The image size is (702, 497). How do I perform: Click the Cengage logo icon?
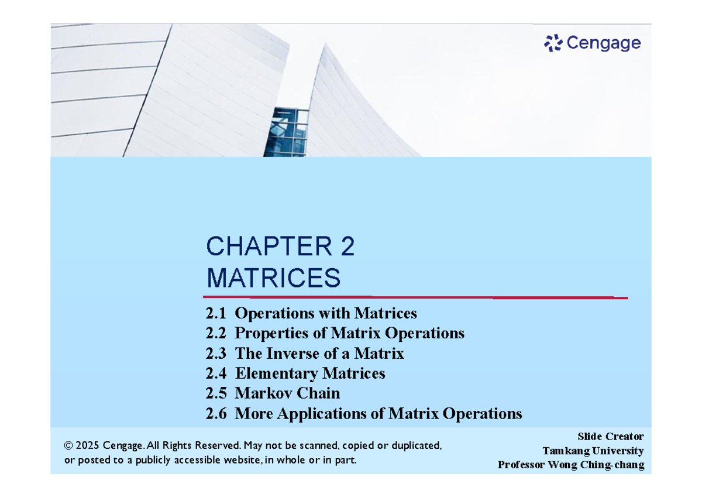tap(553, 43)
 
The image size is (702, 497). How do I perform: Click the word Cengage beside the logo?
tap(603, 43)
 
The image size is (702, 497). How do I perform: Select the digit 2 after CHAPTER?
tap(346, 247)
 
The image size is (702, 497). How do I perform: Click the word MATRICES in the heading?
tap(273, 277)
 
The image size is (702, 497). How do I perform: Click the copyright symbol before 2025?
tap(68, 446)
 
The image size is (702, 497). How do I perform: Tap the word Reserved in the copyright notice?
tap(216, 446)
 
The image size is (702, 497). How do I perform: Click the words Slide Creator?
tap(610, 437)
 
